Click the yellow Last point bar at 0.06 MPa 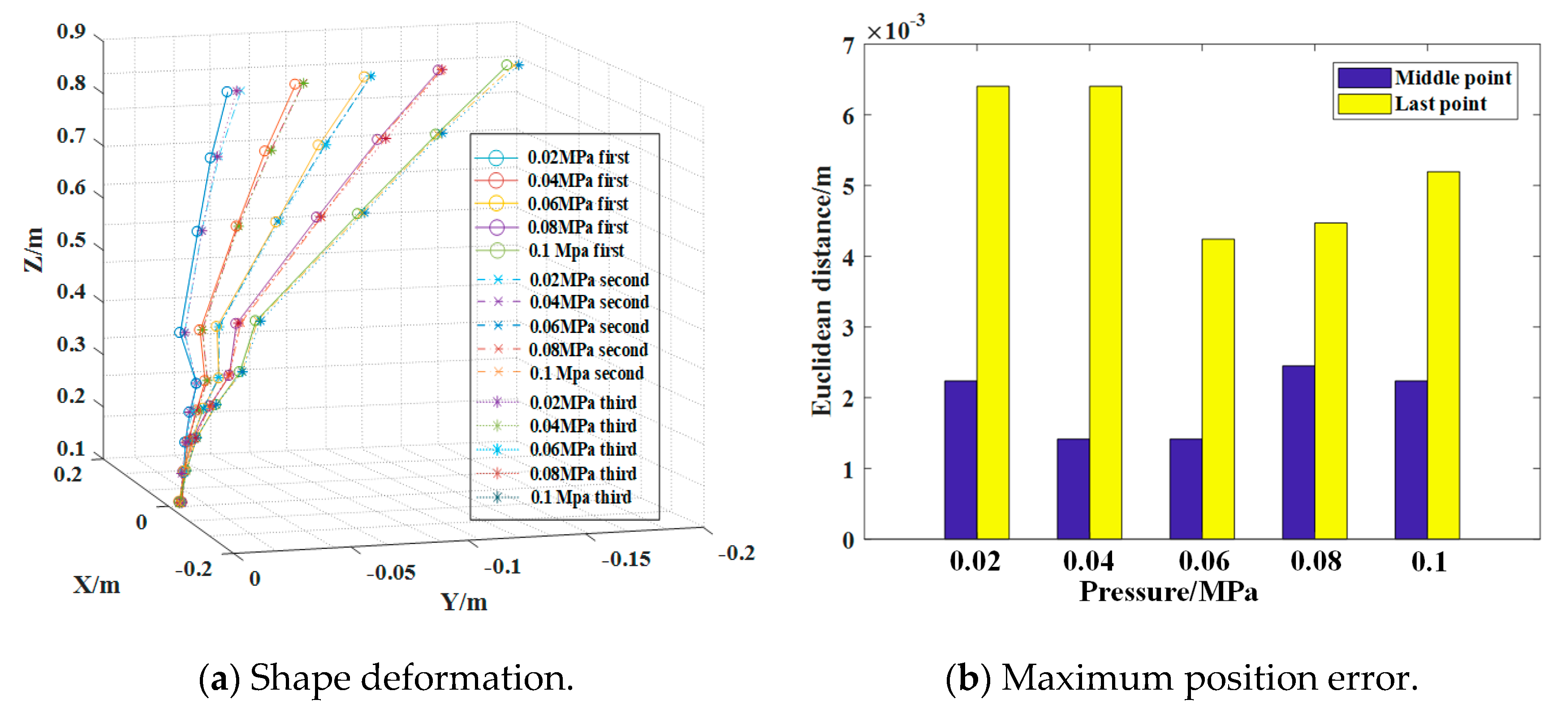tap(1217, 389)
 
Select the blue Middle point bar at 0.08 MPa tap(1298, 452)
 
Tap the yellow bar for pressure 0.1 tap(1443, 356)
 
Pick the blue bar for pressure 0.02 tap(960, 459)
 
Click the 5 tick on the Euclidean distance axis tap(849, 186)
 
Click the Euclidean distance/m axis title tap(821, 291)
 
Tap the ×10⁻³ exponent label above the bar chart tap(895, 28)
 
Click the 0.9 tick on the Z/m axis tap(71, 31)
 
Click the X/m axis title tap(96, 585)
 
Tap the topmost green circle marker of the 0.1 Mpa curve tap(507, 65)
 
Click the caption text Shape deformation tap(386, 678)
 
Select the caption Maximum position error tap(1182, 678)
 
